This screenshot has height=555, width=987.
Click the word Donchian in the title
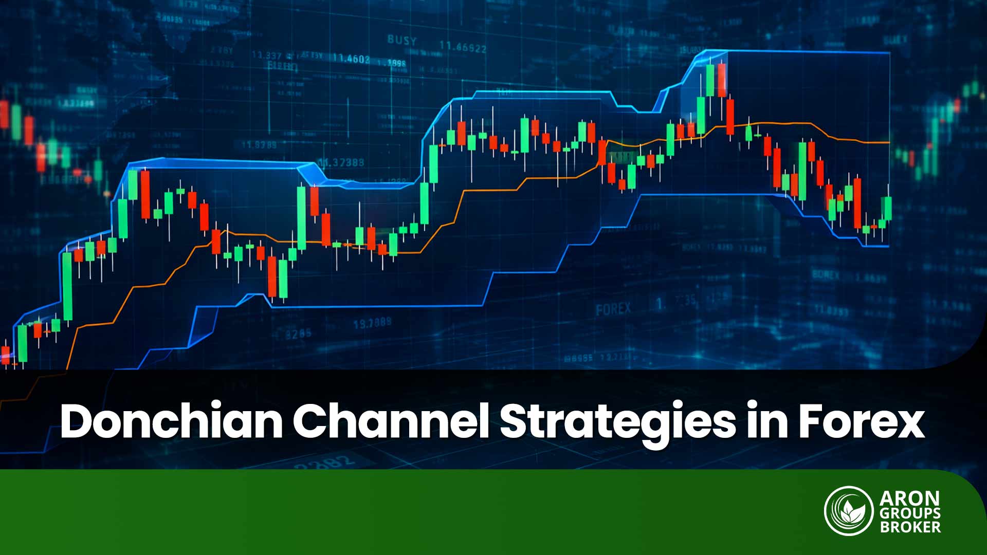coord(171,421)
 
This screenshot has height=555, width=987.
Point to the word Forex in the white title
coord(861,421)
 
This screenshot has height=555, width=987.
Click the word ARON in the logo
coord(909,498)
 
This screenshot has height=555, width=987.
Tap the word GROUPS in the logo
coord(909,513)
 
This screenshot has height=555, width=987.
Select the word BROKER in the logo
coord(909,527)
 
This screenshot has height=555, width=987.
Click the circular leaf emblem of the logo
coord(849,511)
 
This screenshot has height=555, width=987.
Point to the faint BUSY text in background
coord(402,40)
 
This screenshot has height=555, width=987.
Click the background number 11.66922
coord(463,48)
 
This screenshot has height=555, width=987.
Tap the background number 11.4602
coord(351,59)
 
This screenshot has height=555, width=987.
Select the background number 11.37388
coord(342,162)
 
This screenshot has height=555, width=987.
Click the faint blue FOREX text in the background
coord(613,309)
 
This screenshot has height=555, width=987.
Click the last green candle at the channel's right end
coord(888,208)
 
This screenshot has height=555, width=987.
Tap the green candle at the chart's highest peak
coord(710,80)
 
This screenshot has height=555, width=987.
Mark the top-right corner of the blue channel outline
coord(889,53)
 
